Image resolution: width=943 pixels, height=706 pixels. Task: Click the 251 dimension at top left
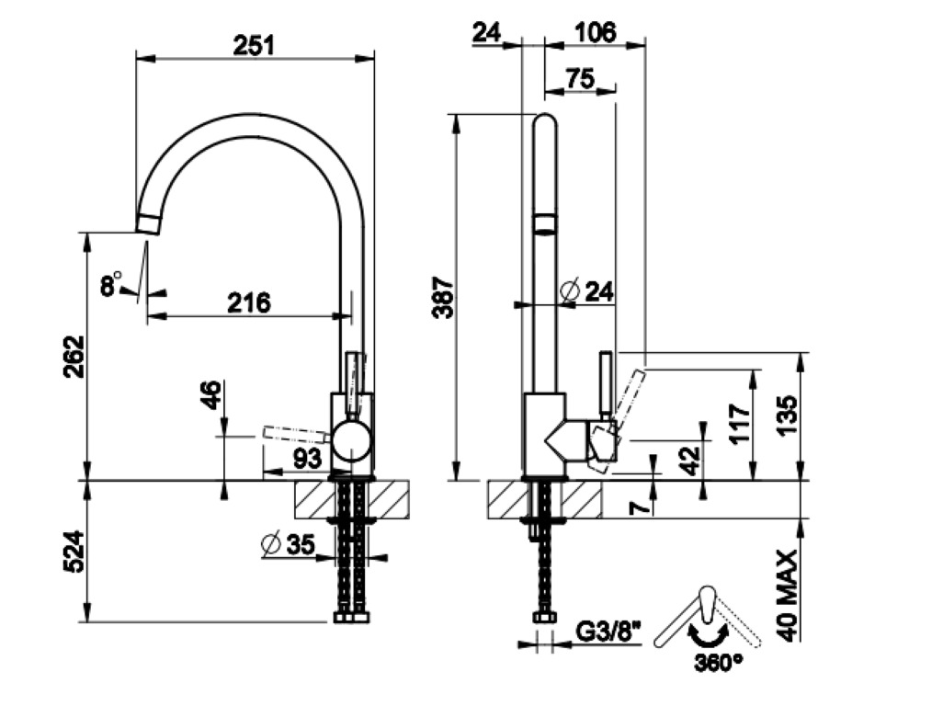coord(255,43)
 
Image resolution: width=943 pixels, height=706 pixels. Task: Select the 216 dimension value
coord(249,302)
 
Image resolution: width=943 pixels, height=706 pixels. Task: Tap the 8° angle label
coord(111,286)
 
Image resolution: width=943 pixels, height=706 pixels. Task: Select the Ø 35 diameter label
coord(288,544)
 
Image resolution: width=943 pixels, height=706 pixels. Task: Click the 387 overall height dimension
coord(442,296)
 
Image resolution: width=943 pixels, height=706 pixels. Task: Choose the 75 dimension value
coord(580,79)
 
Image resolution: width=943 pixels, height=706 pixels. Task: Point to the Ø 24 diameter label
coord(586,291)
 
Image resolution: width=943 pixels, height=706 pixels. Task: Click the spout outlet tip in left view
coord(150,223)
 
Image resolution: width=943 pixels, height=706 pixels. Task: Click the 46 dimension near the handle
coord(211,396)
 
